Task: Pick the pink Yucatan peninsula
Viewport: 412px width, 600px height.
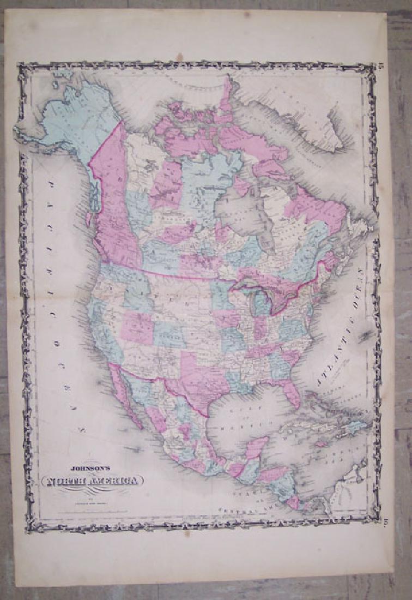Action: point(255,447)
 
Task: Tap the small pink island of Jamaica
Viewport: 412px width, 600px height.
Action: point(320,443)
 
